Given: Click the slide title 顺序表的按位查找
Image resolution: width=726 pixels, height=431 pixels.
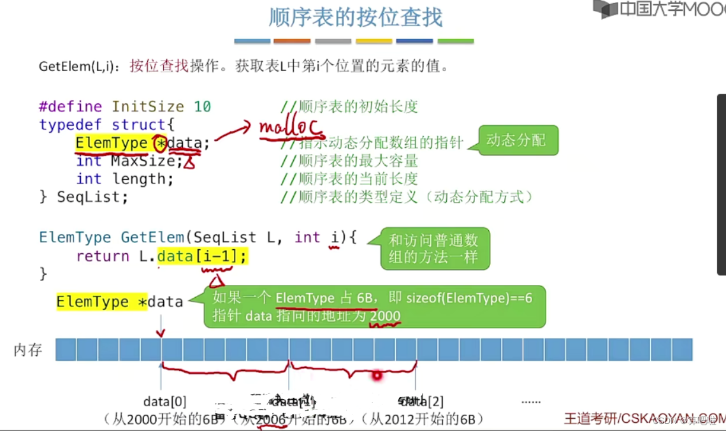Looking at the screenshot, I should [x=355, y=17].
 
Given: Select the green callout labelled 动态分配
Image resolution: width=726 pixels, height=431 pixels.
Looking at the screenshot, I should [x=516, y=140].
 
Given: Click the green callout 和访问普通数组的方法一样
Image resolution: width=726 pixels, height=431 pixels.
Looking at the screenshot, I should [x=433, y=249].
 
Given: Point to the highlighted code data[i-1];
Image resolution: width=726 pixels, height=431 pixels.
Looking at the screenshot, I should [x=202, y=256].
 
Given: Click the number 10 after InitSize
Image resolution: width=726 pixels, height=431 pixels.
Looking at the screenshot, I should [x=203, y=106].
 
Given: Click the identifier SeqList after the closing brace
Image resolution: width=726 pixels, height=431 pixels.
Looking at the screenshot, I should [x=92, y=197].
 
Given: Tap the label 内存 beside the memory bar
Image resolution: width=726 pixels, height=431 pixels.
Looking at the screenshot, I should [x=28, y=350].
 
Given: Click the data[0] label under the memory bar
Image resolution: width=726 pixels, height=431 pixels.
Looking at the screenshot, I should [x=164, y=402].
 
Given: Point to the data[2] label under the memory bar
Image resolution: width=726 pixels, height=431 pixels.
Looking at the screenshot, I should [x=421, y=402].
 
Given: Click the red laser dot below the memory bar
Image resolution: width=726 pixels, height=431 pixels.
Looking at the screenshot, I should [x=377, y=376].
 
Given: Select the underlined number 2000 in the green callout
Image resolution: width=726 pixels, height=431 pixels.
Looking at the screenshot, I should [x=385, y=316].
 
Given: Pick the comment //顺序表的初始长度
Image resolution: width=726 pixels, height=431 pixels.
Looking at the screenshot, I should [x=349, y=106].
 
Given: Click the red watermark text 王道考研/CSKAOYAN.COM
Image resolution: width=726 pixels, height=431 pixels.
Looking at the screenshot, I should [x=644, y=418].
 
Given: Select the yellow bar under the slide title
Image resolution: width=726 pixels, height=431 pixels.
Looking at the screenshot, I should [x=374, y=41].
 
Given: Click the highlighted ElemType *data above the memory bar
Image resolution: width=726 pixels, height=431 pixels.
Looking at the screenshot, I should [x=119, y=302].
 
